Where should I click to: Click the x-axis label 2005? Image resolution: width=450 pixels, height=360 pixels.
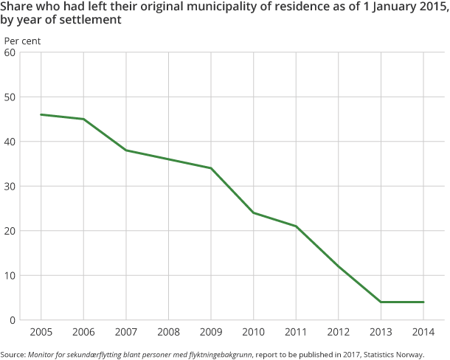coord(41,332)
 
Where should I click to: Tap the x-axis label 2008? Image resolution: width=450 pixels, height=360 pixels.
coord(168,332)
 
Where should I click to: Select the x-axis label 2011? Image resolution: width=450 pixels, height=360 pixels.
coord(296,332)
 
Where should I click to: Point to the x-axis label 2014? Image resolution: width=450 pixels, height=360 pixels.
coord(423,332)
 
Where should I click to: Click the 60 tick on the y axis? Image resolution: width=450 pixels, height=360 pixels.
coord(10,52)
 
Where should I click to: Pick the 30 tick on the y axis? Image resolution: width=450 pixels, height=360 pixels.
coord(10,187)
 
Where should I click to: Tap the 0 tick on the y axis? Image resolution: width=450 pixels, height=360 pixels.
coord(13,320)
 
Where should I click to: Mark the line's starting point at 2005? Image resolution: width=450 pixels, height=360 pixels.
coord(41,114)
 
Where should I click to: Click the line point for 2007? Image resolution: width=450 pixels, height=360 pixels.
coord(126,150)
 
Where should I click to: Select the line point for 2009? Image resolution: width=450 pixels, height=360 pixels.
coord(211,168)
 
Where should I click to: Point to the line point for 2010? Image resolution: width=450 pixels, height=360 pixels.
coord(254,213)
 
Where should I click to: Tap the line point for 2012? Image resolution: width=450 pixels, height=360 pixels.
coord(339,266)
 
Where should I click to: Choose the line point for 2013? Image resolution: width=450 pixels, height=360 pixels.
coord(381,302)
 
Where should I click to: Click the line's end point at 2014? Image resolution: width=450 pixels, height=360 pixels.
coord(423,302)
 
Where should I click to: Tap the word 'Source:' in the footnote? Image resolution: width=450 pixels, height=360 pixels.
coord(13,354)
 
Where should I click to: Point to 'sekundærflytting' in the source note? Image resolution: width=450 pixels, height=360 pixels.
coord(88,354)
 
